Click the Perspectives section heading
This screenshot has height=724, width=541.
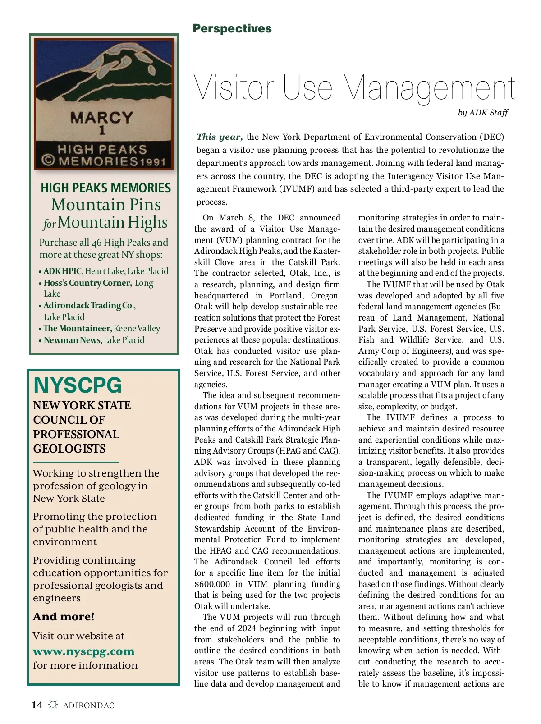pos(232,28)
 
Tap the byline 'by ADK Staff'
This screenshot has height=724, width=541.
pos(483,113)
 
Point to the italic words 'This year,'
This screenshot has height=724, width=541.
pos(220,137)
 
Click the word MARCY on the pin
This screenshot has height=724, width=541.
pos(102,118)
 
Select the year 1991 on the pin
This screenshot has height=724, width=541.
pos(152,162)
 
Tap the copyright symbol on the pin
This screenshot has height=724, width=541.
pos(48,161)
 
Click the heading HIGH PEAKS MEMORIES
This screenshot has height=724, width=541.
pos(106,188)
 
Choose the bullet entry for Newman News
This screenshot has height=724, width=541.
pos(72,340)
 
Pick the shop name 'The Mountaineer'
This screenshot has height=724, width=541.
pos(78,329)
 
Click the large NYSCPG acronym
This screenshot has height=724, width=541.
pos(78,385)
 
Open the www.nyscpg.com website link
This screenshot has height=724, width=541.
pos(83,651)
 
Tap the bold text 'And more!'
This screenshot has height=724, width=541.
pos(64,617)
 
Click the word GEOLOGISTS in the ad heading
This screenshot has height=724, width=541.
pos(69,449)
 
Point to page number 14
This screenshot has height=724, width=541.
pos(37,705)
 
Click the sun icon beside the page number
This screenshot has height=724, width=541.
pos(53,705)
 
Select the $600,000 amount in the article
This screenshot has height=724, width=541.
pos(212,584)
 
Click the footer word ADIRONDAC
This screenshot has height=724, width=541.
pos(89,706)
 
